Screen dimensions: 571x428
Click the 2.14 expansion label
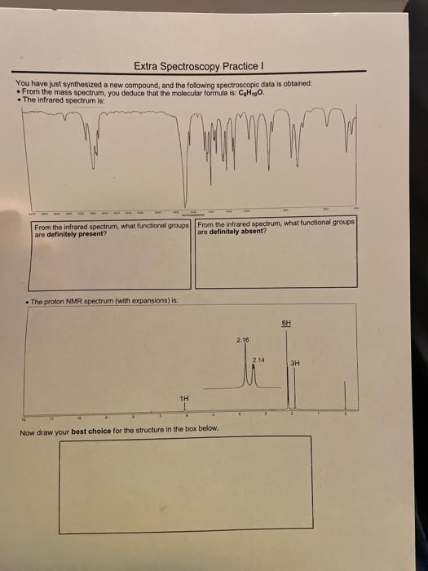[258, 359]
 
